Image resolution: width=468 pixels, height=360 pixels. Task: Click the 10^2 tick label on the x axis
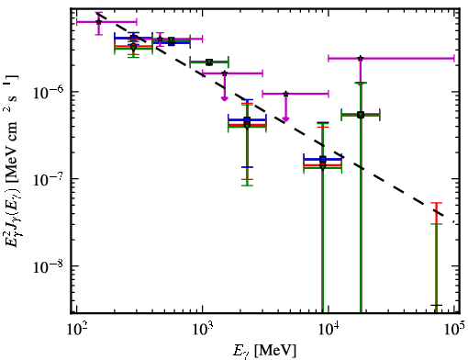pos(77,332)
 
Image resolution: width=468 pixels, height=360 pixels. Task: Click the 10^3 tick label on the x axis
pos(203,332)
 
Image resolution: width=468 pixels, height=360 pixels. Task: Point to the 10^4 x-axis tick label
pos(329,332)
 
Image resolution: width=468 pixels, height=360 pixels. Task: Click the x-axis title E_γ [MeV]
pos(264,351)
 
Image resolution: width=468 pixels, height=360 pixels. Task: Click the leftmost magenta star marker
pos(98,22)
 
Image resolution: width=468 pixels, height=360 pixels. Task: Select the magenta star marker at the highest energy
pos(361,58)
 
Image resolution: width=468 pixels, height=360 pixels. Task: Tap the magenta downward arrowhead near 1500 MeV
pos(225,98)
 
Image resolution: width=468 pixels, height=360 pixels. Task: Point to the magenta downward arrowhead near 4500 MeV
pos(285,119)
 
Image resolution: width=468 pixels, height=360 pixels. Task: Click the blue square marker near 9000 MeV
pos(322,159)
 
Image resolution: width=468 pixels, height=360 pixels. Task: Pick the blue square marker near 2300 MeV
pos(247,119)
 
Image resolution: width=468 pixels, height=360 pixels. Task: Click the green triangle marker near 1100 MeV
pos(209,62)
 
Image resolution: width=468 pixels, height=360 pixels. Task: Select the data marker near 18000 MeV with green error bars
pos(361,115)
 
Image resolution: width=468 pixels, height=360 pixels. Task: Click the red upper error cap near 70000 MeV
pos(436,203)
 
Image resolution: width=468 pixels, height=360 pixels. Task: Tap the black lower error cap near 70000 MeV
pos(436,305)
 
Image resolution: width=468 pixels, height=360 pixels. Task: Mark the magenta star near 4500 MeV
pos(286,94)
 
